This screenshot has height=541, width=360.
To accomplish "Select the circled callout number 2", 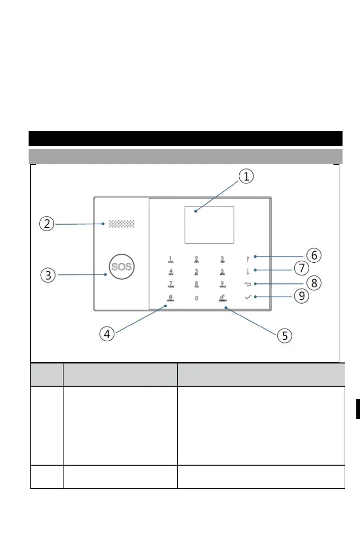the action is tap(47, 224).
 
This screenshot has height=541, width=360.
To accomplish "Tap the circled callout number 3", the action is tap(48, 275).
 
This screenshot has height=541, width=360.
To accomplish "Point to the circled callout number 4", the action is tap(108, 334).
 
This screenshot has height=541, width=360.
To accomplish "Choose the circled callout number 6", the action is tap(314, 255).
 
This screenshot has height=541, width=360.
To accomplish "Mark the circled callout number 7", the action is tap(301, 269).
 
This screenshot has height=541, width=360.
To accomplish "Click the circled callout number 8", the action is tap(314, 283).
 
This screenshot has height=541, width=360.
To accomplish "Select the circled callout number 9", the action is tap(301, 296).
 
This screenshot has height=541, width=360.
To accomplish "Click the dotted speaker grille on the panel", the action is tap(122, 224).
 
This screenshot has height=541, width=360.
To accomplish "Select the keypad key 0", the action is tap(196, 298).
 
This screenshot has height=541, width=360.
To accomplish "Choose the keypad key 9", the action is tap(222, 285).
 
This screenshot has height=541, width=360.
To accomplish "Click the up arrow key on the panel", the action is tap(248, 259).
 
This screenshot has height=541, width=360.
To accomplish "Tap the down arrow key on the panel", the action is tap(248, 272).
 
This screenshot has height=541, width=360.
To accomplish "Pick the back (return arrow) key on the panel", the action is tap(248, 285).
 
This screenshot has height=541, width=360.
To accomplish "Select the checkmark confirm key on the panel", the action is tap(248, 298).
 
